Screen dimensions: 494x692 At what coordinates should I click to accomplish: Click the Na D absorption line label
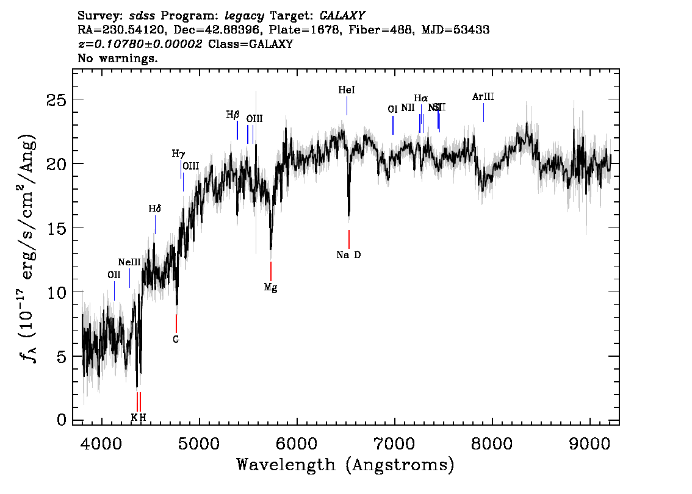(x=348, y=255)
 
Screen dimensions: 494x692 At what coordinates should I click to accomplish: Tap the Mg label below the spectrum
(x=270, y=287)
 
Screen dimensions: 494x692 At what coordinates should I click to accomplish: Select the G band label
(x=176, y=339)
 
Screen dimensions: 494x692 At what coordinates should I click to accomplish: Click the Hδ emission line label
(x=154, y=209)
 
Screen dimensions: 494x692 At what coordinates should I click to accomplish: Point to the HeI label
(x=346, y=90)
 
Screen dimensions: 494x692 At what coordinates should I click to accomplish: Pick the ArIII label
(x=483, y=97)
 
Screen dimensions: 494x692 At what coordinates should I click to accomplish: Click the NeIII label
(x=129, y=262)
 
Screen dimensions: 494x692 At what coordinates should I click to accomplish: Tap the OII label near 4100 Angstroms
(x=114, y=275)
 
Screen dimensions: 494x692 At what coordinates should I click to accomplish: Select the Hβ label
(x=232, y=115)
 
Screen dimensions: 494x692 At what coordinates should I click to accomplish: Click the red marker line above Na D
(x=348, y=239)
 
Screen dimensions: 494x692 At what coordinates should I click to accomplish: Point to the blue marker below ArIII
(x=483, y=112)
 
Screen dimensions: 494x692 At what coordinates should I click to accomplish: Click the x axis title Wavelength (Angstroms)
(x=345, y=465)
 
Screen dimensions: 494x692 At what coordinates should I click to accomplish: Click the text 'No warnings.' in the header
(x=118, y=59)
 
